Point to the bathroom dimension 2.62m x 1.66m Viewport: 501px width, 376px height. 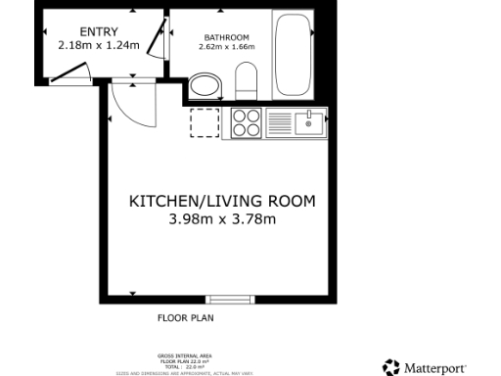(x=219, y=45)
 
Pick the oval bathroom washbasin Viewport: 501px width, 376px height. (x=205, y=86)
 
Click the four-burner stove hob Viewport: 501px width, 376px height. (x=246, y=123)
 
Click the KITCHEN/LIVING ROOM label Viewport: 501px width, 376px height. (x=223, y=202)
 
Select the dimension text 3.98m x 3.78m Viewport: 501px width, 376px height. (x=223, y=219)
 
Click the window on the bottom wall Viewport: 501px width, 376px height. (x=229, y=298)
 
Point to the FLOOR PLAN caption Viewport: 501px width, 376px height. (x=186, y=318)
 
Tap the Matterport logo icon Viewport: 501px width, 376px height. (x=391, y=366)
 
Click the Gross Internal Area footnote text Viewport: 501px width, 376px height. (x=185, y=362)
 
